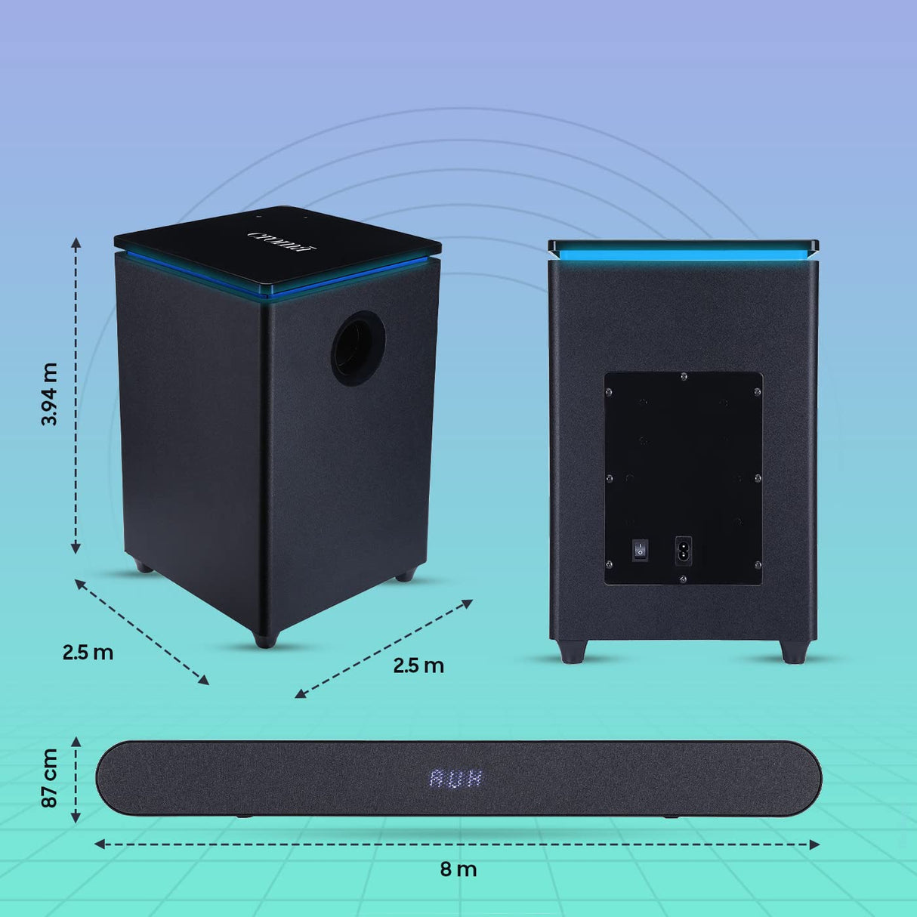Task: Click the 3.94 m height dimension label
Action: (x=50, y=394)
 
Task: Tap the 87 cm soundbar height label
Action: (x=50, y=778)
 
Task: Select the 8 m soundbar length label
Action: (x=458, y=869)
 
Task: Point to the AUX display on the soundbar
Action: (x=456, y=779)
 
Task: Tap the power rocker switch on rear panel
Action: (x=641, y=550)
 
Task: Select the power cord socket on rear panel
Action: (x=683, y=550)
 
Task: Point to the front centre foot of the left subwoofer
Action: (x=265, y=640)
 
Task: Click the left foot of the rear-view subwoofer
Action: (x=573, y=651)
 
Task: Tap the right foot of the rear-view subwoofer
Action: (x=794, y=651)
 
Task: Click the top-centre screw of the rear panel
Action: (x=683, y=375)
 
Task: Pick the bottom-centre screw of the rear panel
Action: (x=683, y=579)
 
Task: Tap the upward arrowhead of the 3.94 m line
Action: (x=76, y=241)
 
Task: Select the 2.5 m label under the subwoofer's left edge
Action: (x=88, y=652)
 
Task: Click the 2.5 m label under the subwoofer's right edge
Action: (x=418, y=665)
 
